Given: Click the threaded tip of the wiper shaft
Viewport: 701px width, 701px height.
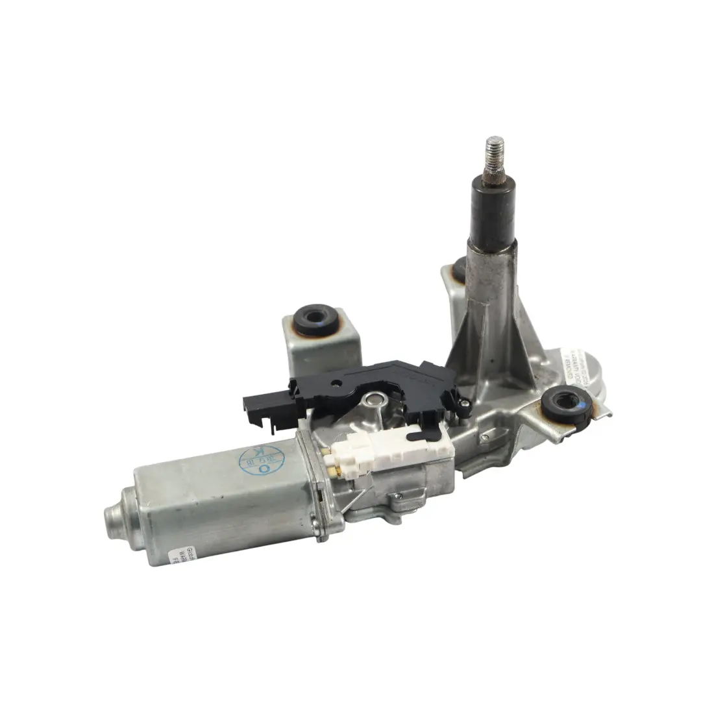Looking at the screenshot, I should click(495, 156).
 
